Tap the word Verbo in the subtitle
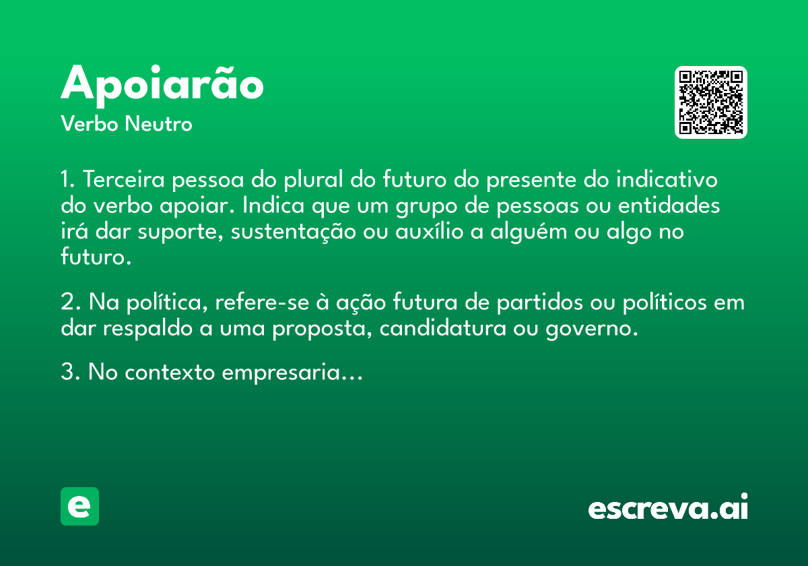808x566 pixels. pyautogui.click(x=90, y=124)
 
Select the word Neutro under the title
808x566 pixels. pyautogui.click(x=158, y=124)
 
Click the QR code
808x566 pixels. pyautogui.click(x=710, y=102)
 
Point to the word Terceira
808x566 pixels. pyautogui.click(x=124, y=179)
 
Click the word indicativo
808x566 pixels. pyautogui.click(x=667, y=179)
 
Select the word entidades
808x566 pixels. pyautogui.click(x=669, y=206)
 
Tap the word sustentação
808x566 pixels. pyautogui.click(x=294, y=232)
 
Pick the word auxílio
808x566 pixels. pyautogui.click(x=430, y=231)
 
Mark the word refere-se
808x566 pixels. pyautogui.click(x=262, y=302)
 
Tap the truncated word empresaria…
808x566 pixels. pyautogui.click(x=292, y=373)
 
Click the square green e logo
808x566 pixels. pyautogui.click(x=79, y=506)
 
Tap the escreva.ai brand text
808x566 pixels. pyautogui.click(x=668, y=506)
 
